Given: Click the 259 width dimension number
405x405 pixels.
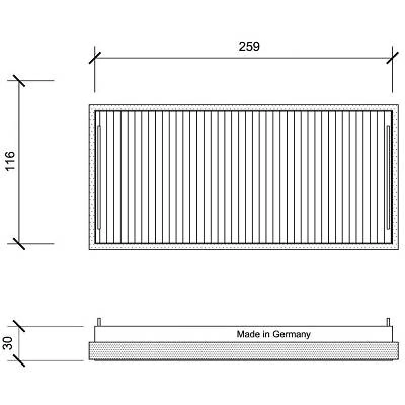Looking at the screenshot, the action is [249, 46].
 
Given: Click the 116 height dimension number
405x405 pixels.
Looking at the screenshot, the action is [10, 161].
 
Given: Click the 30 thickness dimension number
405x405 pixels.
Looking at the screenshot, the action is [8, 343].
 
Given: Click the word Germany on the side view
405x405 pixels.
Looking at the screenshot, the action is [292, 335].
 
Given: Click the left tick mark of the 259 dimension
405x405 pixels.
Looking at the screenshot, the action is [95, 58].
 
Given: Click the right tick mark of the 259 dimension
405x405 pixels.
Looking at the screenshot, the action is [392, 58].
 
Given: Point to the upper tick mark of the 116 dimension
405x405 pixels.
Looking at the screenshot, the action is [19, 81].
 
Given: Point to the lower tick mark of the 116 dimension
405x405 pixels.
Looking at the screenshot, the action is [19, 244].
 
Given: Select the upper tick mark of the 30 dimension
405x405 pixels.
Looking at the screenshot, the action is [19, 326].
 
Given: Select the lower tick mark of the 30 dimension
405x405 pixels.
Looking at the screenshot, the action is [19, 360].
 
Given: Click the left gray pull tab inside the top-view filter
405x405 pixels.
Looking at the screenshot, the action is [99, 177].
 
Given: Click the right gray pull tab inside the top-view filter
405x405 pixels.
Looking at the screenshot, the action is [388, 177].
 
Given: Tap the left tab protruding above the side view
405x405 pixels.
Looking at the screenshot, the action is [99, 322].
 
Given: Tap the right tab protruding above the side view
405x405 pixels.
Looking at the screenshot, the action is [388, 322].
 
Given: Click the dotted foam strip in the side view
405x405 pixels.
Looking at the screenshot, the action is [244, 351].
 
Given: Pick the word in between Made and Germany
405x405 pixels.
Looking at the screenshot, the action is [266, 334].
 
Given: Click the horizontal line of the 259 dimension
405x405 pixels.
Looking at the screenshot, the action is [244, 58].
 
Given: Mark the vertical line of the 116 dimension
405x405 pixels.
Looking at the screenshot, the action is [19, 162].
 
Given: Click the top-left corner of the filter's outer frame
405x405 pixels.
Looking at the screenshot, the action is [90, 105].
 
